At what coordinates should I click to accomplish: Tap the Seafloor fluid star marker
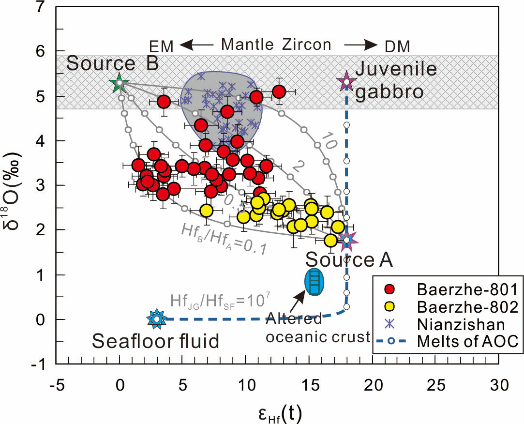156,319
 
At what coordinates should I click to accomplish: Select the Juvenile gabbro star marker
346,81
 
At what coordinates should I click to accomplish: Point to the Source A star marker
347,240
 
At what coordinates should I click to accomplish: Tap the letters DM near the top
397,46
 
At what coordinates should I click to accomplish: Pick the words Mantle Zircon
276,45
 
